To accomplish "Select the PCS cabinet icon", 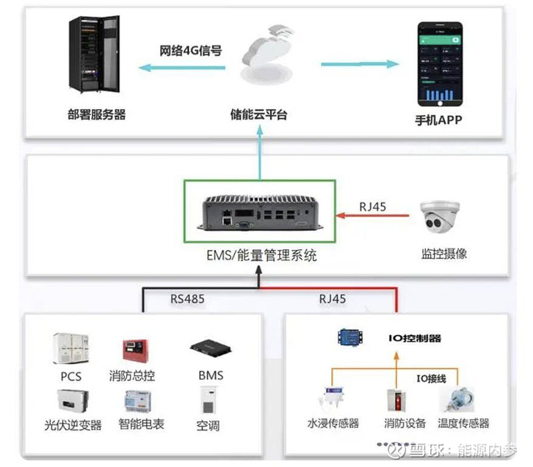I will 71,349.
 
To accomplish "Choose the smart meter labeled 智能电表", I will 139,401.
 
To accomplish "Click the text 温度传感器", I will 464,423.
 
